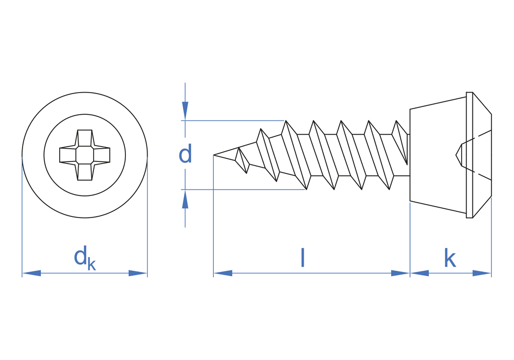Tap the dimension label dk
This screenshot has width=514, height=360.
coord(85,259)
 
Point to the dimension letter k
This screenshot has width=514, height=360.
coord(450,258)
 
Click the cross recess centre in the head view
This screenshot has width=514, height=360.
coord(85,155)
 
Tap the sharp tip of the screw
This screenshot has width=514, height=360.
coord(214,155)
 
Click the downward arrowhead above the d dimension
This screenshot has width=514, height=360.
coord(185,111)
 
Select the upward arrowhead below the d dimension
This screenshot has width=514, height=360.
coord(185,200)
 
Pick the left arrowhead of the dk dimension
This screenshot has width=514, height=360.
coord(31,273)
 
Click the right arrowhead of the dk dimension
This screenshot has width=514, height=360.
coord(138,273)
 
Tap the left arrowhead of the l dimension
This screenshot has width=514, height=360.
coord(223,273)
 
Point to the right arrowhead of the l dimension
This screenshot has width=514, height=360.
coord(400,273)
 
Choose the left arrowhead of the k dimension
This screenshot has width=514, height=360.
coord(419,273)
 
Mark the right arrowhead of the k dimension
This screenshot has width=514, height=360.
coord(482,273)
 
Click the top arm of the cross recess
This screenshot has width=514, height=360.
coord(85,138)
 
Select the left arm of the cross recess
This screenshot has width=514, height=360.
coord(68,155)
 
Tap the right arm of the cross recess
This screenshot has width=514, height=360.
coord(102,155)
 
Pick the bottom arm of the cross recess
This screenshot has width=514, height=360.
coord(85,172)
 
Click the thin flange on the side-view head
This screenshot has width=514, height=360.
coord(469,155)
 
